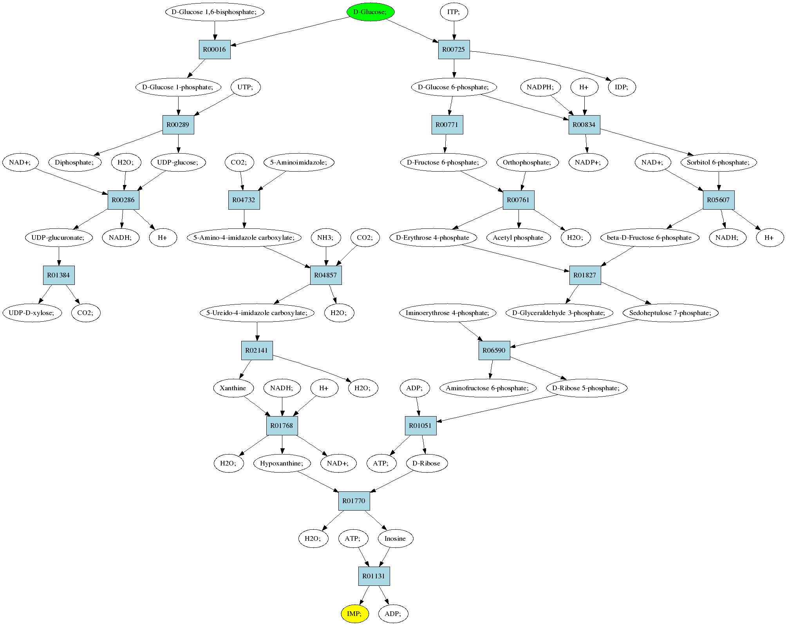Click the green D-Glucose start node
tap(370, 12)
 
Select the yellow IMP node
tap(355, 613)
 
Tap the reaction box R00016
tap(215, 50)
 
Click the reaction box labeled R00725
tap(454, 50)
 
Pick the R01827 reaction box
tap(585, 275)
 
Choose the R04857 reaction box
tap(326, 275)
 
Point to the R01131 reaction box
tap(374, 576)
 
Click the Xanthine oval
tap(233, 388)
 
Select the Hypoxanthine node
tap(282, 463)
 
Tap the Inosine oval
tap(395, 538)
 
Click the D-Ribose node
tap(427, 463)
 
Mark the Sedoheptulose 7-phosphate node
tap(670, 313)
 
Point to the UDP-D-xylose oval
tap(33, 313)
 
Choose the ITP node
tap(454, 12)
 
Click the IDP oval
tap(622, 87)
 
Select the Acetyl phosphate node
tap(518, 237)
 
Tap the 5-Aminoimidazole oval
tap(299, 162)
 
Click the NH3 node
tap(326, 237)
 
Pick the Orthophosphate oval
tap(528, 162)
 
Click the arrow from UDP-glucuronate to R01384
tap(59, 256)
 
